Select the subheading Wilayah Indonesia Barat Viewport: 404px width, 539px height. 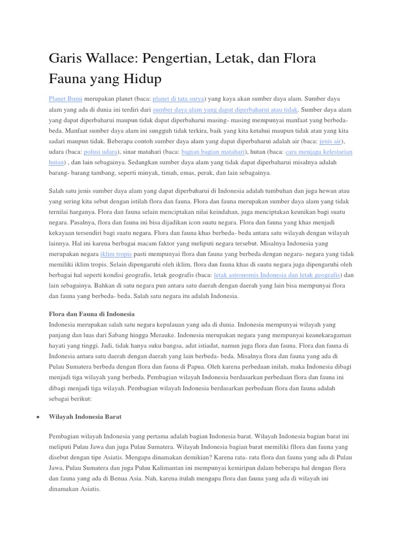coord(85,416)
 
